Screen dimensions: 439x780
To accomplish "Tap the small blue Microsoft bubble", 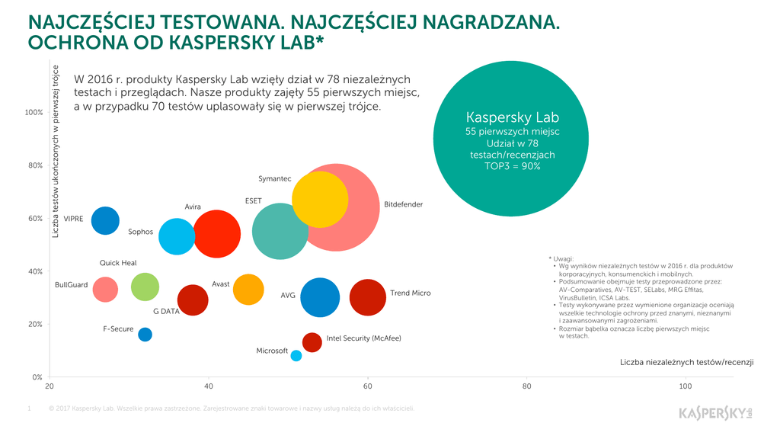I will pyautogui.click(x=296, y=355).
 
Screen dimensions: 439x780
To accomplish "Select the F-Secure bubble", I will pyautogui.click(x=145, y=334).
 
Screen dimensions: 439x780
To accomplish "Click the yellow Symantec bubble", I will pyautogui.click(x=320, y=200).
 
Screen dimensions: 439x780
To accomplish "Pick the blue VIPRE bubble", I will pyautogui.click(x=105, y=220).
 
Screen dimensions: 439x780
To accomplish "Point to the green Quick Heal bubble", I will pyautogui.click(x=145, y=287).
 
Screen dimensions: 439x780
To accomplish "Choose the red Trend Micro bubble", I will pyautogui.click(x=368, y=297).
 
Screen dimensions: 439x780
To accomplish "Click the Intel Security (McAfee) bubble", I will pyautogui.click(x=312, y=341).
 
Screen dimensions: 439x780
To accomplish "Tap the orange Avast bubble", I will pyautogui.click(x=248, y=289).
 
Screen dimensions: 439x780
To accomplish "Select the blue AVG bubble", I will pyautogui.click(x=320, y=297).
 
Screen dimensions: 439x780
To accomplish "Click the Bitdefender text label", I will pyautogui.click(x=403, y=204).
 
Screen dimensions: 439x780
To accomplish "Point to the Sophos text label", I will pyautogui.click(x=140, y=232).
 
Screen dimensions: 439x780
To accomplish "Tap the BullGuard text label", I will pyautogui.click(x=72, y=285).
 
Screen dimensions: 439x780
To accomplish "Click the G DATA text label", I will pyautogui.click(x=165, y=312).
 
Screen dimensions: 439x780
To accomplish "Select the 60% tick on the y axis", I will pyautogui.click(x=34, y=218).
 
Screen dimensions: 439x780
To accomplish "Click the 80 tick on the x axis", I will pyautogui.click(x=526, y=386).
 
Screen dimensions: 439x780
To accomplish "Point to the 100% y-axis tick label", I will pyautogui.click(x=34, y=112).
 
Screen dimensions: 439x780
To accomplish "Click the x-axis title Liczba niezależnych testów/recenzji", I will pyautogui.click(x=686, y=361).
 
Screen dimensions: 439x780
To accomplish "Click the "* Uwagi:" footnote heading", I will pyautogui.click(x=563, y=258).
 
